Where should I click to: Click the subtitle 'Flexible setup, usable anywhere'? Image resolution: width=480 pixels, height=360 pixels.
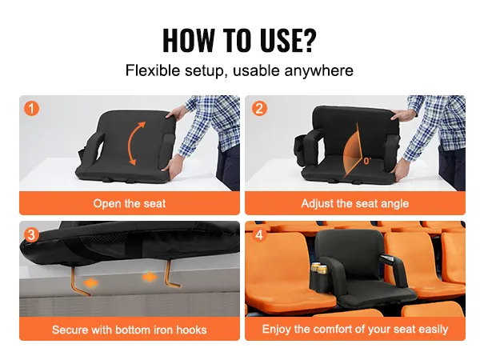coord(239,70)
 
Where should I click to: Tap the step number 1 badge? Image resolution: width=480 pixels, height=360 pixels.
coord(31,108)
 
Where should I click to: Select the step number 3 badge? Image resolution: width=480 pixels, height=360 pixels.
coord(31,234)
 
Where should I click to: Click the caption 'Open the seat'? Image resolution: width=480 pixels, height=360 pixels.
coord(130,203)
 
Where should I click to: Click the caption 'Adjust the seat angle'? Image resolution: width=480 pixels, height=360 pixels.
coord(354,203)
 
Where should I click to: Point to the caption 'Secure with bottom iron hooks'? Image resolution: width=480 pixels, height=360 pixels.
coord(130,329)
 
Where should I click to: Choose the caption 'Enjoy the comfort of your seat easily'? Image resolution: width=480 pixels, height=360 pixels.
coord(354,329)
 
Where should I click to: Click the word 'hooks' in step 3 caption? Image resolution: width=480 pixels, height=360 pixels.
coord(190,329)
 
